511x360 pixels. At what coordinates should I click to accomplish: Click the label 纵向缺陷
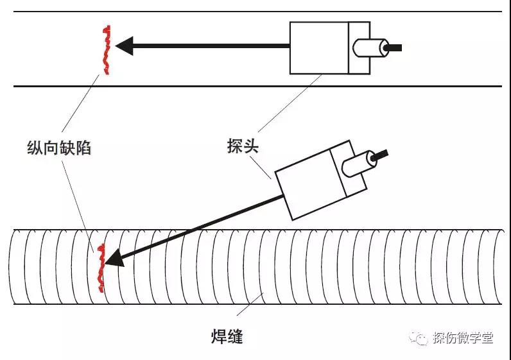click(x=59, y=148)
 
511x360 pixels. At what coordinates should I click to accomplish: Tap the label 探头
click(x=243, y=146)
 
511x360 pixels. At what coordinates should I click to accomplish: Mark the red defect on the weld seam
click(x=100, y=268)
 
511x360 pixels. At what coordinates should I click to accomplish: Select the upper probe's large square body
click(x=319, y=48)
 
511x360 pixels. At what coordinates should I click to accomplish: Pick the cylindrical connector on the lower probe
click(x=356, y=162)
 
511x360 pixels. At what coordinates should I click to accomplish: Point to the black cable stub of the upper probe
click(x=394, y=47)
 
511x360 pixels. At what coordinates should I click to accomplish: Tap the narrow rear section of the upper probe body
click(x=359, y=48)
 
